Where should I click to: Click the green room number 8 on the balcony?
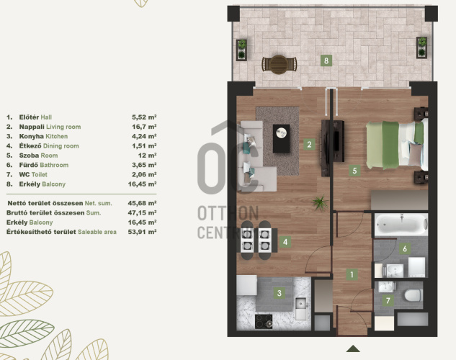[326, 60]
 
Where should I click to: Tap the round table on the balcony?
[279, 64]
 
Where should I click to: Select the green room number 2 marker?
[309, 144]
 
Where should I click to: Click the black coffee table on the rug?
[281, 138]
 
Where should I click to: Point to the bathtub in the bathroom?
[401, 225]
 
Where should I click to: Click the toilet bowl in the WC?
[413, 296]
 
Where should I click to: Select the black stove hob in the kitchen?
[264, 321]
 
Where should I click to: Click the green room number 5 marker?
[354, 170]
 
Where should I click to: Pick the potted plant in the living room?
[320, 202]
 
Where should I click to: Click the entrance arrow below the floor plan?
[353, 348]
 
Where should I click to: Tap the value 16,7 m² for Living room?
[144, 127]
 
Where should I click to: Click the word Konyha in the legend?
[32, 136]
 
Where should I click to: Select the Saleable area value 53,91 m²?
[142, 232]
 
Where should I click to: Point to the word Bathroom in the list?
[54, 165]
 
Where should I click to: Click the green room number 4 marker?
[285, 242]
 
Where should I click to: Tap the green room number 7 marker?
[388, 300]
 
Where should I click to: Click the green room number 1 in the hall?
[352, 274]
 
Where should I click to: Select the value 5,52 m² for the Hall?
[144, 117]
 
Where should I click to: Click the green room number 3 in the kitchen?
[280, 293]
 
